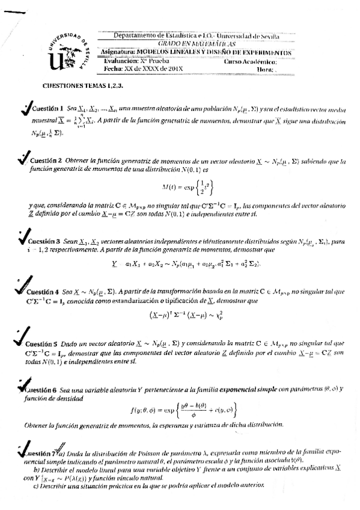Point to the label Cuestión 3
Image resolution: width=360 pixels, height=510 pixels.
(x=41, y=242)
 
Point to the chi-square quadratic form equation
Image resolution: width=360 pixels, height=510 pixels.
(x=183, y=315)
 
